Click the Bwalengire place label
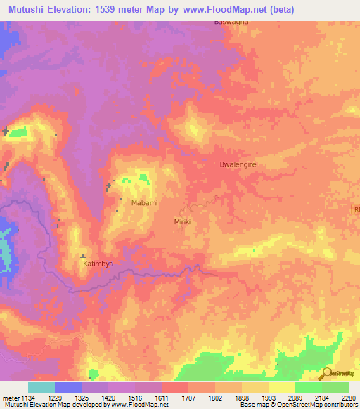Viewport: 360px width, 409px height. (235, 164)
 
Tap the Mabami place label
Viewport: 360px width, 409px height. (144, 203)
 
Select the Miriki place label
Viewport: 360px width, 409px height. (182, 221)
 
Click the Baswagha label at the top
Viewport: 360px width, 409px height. (231, 22)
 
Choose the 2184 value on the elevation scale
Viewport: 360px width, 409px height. (322, 397)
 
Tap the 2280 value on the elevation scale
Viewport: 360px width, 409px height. (348, 397)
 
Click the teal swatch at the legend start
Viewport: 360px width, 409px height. (41, 387)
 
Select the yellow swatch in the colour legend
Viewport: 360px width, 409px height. (281, 387)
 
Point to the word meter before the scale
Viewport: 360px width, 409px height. (9, 397)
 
